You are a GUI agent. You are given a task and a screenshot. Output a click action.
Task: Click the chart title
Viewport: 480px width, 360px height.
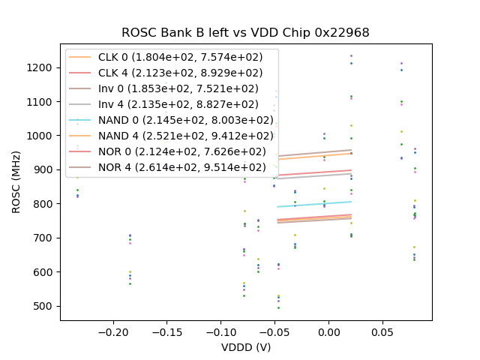(x=245, y=33)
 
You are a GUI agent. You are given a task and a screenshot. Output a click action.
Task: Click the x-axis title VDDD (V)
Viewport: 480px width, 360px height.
(x=245, y=348)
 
